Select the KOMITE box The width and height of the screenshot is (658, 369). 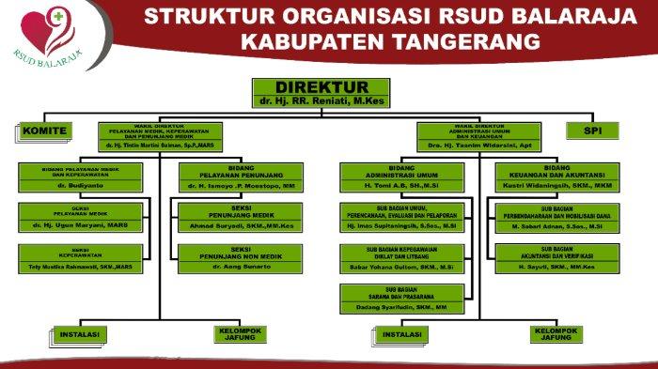tap(44, 131)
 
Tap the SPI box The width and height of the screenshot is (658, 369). tap(593, 131)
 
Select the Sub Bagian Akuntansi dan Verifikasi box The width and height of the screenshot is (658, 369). tap(562, 259)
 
